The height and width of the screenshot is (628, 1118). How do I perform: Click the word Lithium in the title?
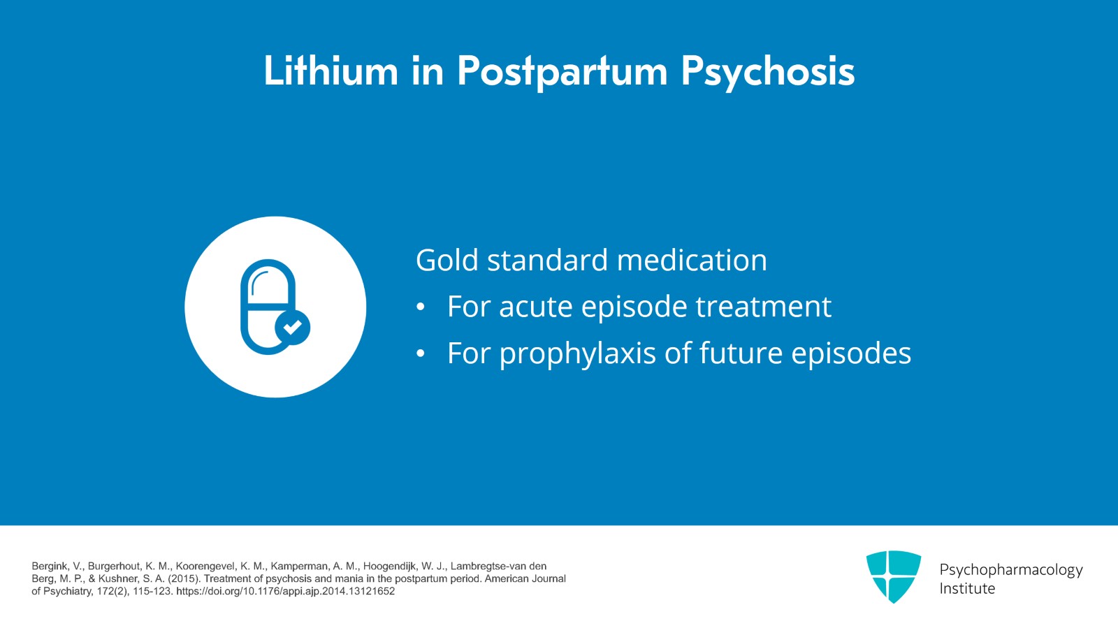[x=331, y=71]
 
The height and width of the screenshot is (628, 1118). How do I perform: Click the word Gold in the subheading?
[x=447, y=260]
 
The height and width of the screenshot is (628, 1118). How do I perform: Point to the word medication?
[x=692, y=260]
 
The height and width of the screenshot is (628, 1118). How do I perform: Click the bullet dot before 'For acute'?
[x=421, y=307]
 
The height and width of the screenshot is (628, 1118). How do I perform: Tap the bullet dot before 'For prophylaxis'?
[x=421, y=353]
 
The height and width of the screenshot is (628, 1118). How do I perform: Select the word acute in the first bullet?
[x=535, y=307]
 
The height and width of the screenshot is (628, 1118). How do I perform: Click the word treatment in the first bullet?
[x=764, y=306]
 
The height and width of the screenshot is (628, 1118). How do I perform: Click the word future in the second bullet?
[x=741, y=353]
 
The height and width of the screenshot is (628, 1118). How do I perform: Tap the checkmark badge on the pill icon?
[x=293, y=327]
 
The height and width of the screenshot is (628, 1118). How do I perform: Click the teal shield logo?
[x=894, y=576]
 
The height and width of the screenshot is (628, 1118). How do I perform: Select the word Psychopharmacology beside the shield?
[x=1011, y=571]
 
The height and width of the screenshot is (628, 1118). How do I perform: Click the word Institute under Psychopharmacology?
[x=967, y=589]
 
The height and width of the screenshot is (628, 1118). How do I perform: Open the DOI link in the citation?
[x=286, y=592]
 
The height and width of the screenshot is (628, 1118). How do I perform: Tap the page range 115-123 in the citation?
[x=152, y=592]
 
